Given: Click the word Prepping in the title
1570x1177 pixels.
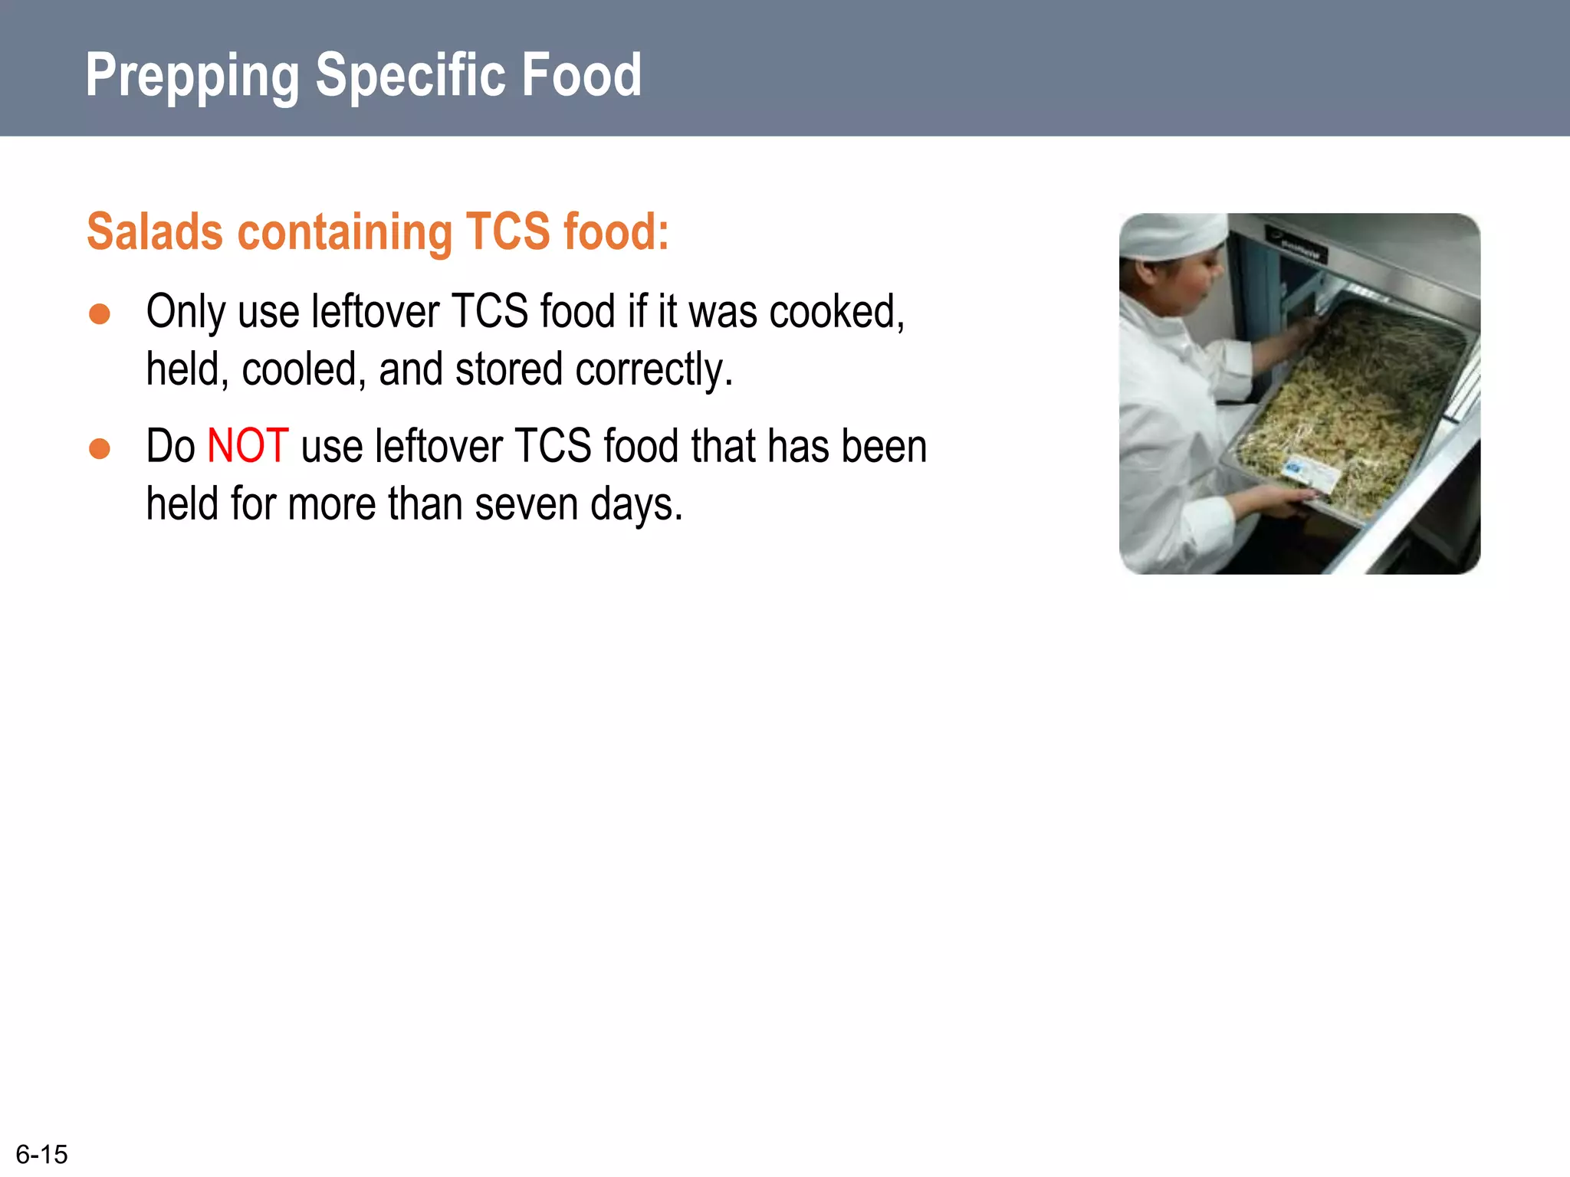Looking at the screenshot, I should pyautogui.click(x=192, y=76).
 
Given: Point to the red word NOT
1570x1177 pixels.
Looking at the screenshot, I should pyautogui.click(x=248, y=446).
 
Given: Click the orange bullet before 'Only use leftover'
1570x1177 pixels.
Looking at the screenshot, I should pyautogui.click(x=100, y=314).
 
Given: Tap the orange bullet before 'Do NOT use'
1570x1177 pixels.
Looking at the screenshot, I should pyautogui.click(x=100, y=448).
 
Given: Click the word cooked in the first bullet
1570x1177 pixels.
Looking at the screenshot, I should pyautogui.click(x=836, y=312).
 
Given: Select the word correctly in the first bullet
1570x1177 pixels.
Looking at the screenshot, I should pyautogui.click(x=654, y=370).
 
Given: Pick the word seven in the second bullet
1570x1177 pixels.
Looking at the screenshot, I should pyautogui.click(x=525, y=504).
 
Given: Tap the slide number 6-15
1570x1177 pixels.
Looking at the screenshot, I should pyautogui.click(x=41, y=1154).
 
